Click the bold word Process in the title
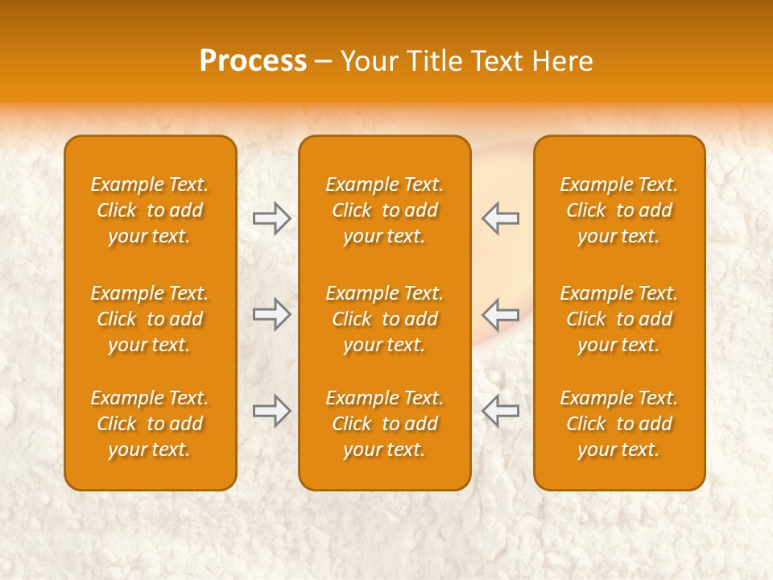pos(253,61)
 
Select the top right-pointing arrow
pos(271,218)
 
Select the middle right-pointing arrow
pos(271,314)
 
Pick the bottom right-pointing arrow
pos(271,411)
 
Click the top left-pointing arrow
pos(501,218)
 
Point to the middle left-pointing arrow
pos(501,314)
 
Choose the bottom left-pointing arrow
pos(501,411)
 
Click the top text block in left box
pos(150,210)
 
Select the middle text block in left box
pos(150,319)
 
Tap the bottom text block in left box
pos(150,424)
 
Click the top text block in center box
pos(384,210)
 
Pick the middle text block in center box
pos(384,319)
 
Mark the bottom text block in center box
pos(384,424)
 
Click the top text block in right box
pos(618,210)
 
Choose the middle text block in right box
pos(618,319)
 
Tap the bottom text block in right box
pos(618,424)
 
